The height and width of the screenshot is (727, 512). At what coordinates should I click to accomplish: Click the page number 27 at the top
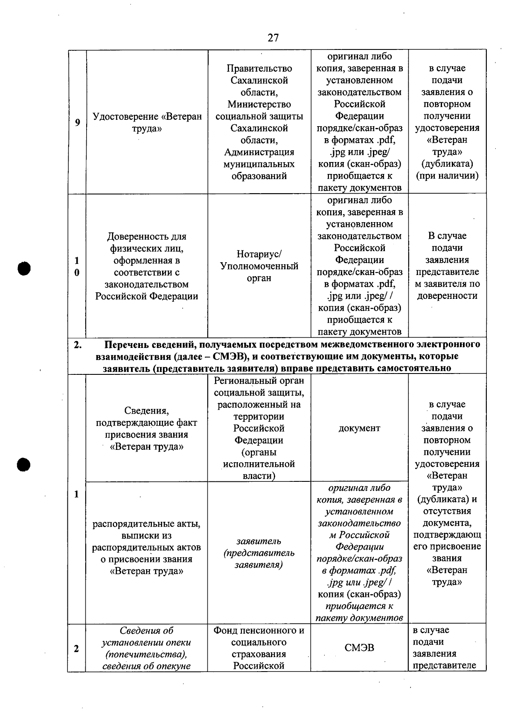click(273, 38)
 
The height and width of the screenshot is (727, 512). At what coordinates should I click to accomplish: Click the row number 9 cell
click(77, 122)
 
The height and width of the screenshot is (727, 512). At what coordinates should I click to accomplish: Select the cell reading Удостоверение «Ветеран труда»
click(147, 122)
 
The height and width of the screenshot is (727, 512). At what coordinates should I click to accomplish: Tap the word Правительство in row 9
click(259, 69)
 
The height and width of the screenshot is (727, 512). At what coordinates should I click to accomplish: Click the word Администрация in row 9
click(259, 152)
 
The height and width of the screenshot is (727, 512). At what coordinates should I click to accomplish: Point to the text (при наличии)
click(447, 176)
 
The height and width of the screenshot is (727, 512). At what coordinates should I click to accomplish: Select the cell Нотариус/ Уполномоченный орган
click(259, 266)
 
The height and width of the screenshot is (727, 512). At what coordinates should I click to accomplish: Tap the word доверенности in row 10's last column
click(447, 296)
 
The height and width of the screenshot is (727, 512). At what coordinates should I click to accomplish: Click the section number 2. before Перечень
click(78, 345)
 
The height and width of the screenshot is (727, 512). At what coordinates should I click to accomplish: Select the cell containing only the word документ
click(359, 429)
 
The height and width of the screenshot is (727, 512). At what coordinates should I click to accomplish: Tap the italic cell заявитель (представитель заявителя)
click(259, 553)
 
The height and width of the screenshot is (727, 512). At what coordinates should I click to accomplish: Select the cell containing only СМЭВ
click(359, 648)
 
